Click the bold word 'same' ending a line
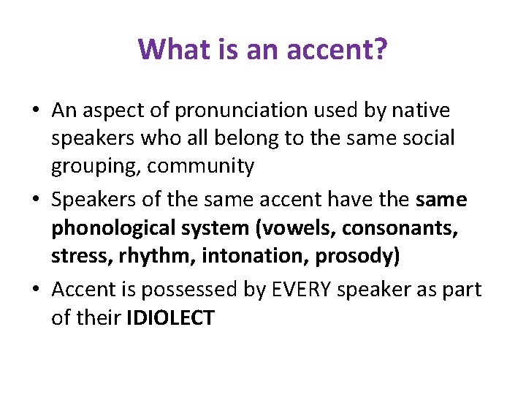pos(441,200)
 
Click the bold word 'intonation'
pos(236,256)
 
